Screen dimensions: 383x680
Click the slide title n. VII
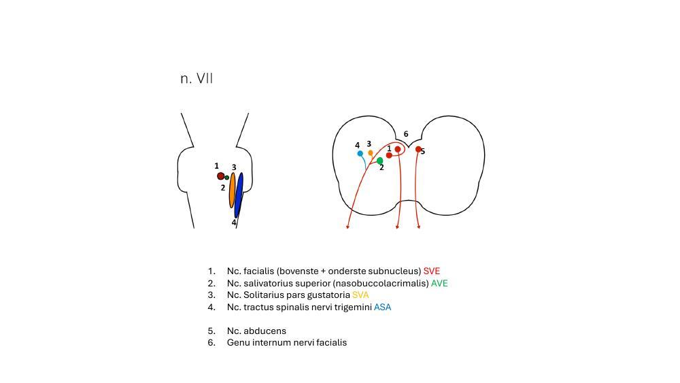click(x=197, y=79)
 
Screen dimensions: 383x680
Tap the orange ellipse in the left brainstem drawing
click(x=233, y=190)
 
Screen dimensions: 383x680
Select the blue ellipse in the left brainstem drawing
click(x=239, y=195)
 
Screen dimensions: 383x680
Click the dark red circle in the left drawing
click(x=220, y=176)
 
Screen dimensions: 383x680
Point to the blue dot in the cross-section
click(x=360, y=154)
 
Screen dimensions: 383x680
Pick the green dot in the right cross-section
click(x=379, y=161)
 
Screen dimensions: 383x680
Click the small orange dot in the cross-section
click(x=371, y=153)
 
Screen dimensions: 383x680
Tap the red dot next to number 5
click(x=418, y=149)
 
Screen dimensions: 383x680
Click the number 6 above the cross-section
click(x=406, y=135)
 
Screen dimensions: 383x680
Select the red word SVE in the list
click(x=431, y=271)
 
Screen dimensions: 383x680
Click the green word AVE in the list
click(x=439, y=284)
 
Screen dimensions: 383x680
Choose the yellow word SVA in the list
click(x=360, y=295)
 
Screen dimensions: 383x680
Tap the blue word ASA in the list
click(x=382, y=307)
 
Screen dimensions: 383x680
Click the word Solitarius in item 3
click(x=265, y=295)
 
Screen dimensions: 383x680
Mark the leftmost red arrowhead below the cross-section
click(x=347, y=227)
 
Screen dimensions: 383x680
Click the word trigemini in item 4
click(x=352, y=307)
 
